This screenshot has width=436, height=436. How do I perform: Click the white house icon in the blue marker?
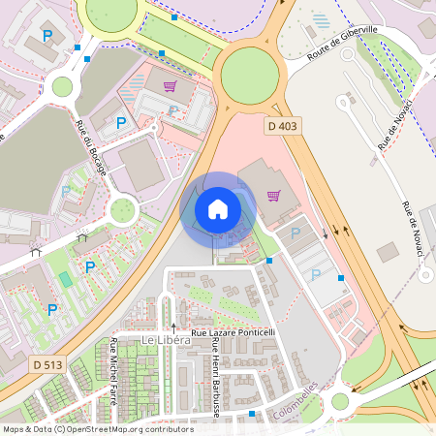(x=218, y=209)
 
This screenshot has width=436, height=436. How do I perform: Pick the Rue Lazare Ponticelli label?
(x=233, y=332)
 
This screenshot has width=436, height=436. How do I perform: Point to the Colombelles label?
(x=296, y=399)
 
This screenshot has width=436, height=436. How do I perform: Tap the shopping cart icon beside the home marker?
(x=274, y=195)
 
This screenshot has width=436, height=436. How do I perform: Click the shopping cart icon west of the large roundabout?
(x=171, y=86)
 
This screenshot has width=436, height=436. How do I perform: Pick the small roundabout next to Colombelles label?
(x=339, y=401)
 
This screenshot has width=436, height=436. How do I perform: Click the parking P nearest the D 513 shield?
(x=52, y=309)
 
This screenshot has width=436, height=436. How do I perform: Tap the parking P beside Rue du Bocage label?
(x=121, y=123)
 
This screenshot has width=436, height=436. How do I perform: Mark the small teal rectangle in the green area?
(x=66, y=279)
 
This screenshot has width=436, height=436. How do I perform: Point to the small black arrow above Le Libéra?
(x=174, y=327)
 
